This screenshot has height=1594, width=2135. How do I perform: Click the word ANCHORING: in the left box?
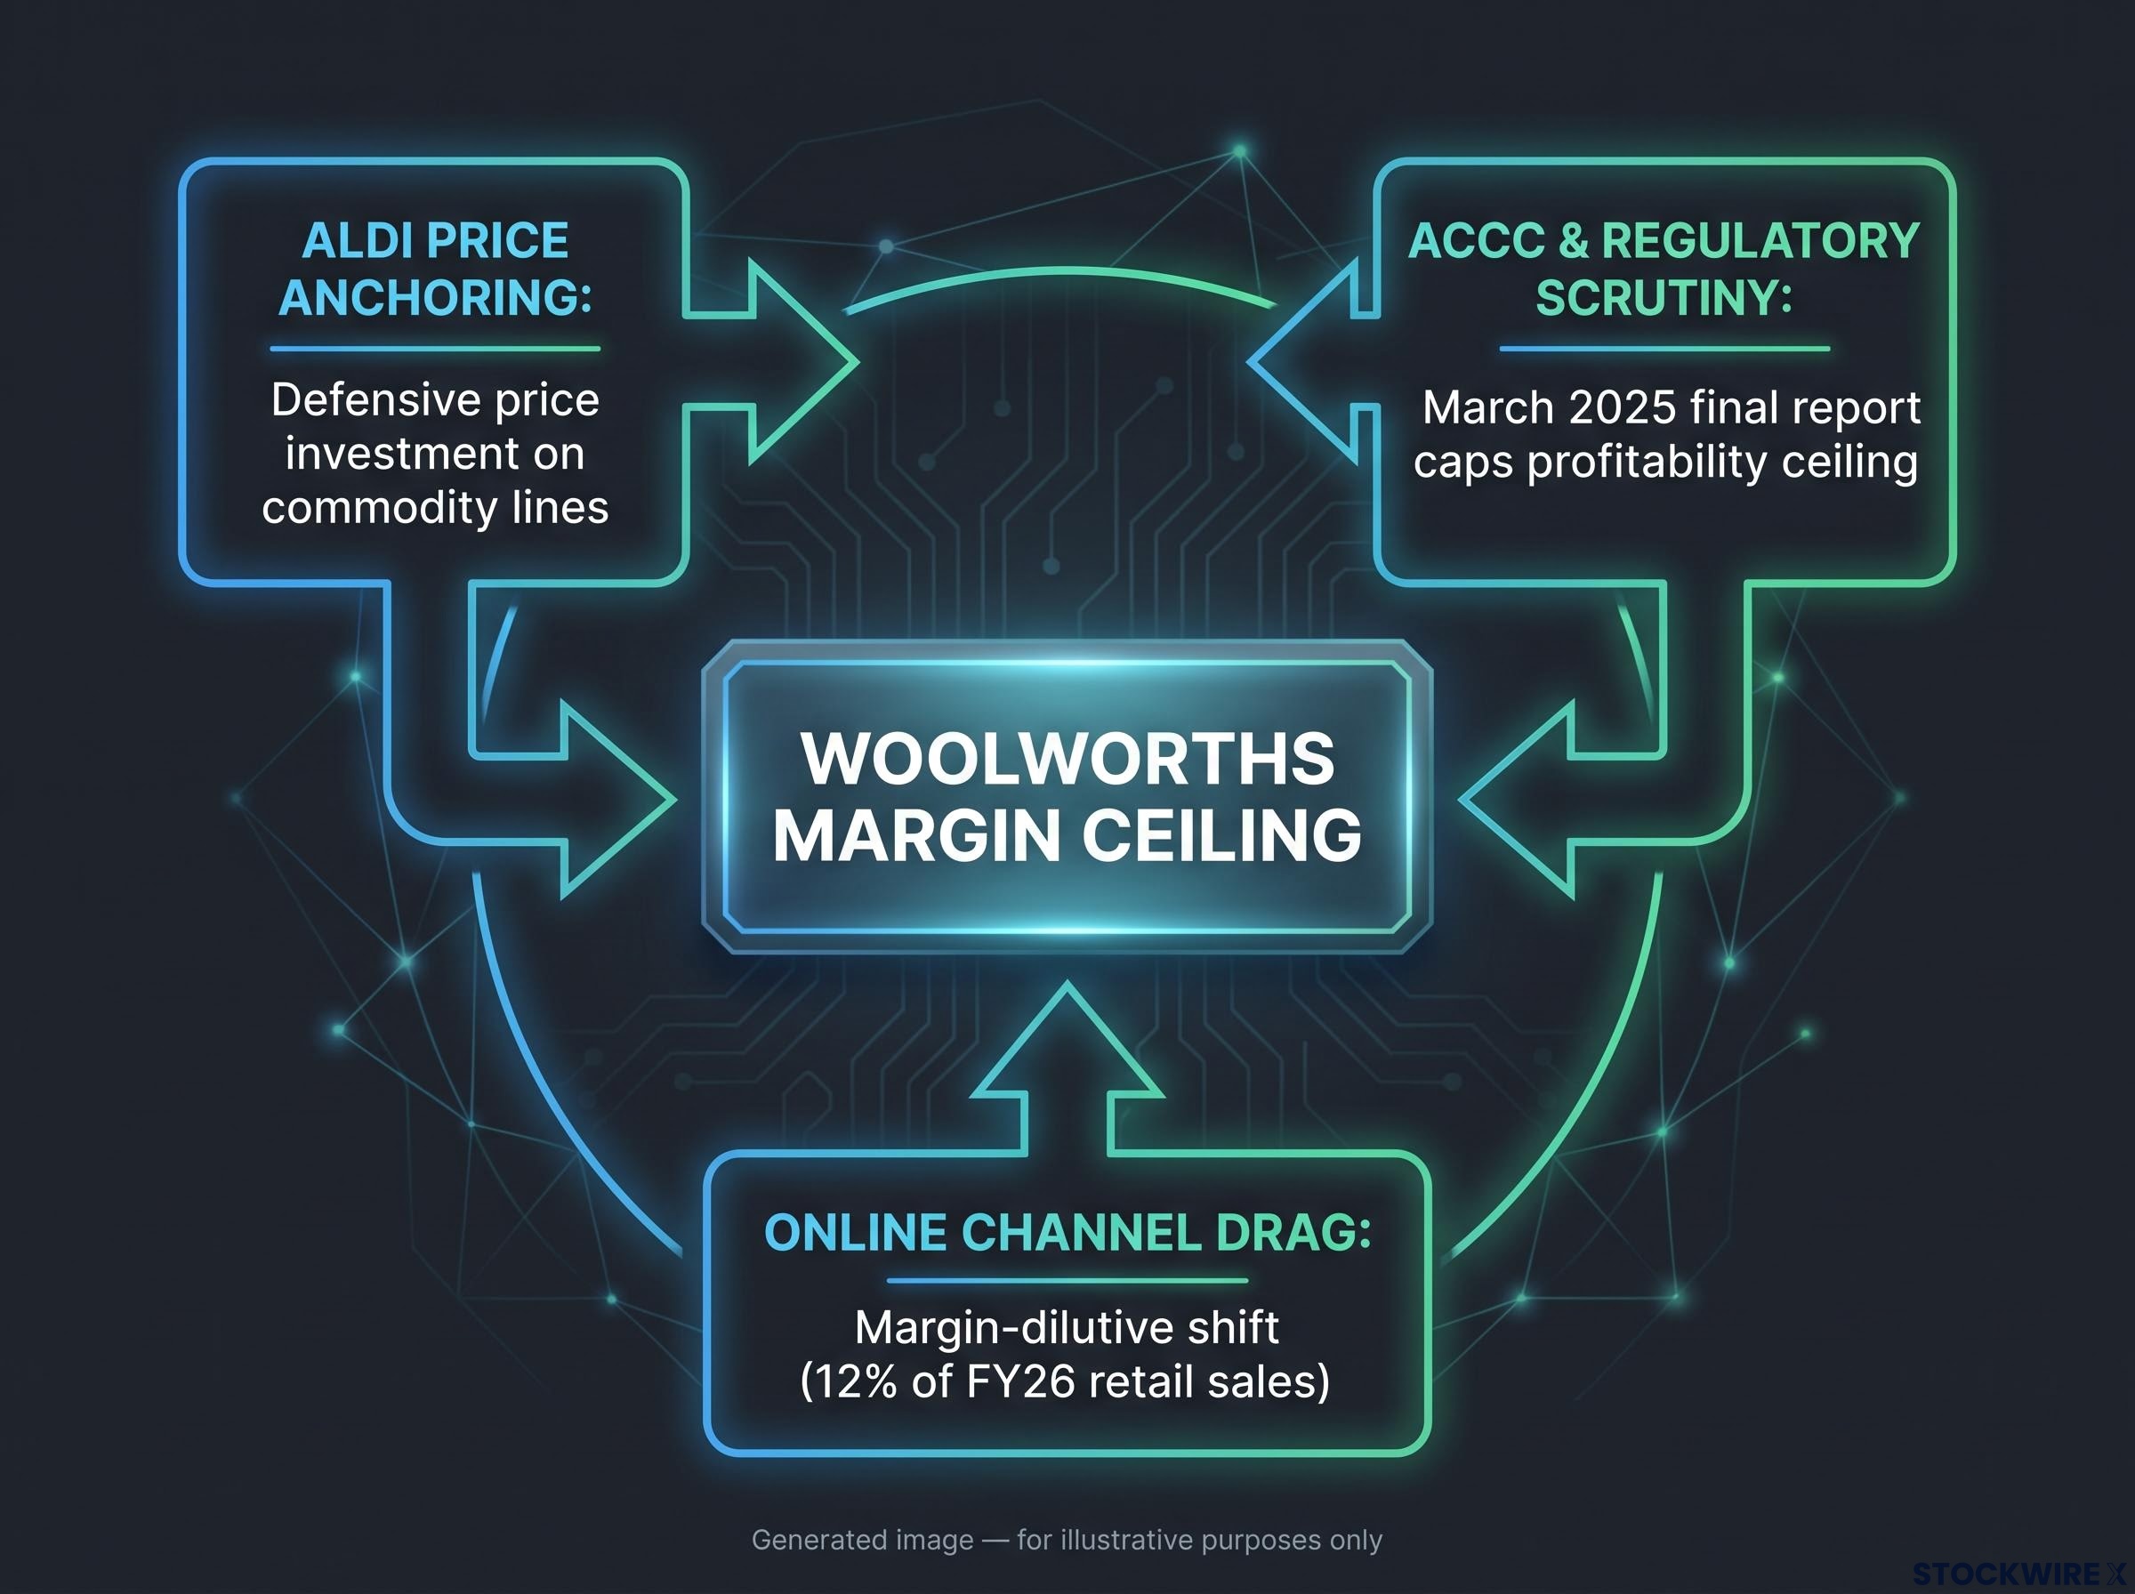point(435,297)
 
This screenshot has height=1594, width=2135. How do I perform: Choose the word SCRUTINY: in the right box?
point(1664,297)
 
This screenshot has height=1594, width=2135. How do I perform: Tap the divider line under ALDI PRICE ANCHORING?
point(435,349)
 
